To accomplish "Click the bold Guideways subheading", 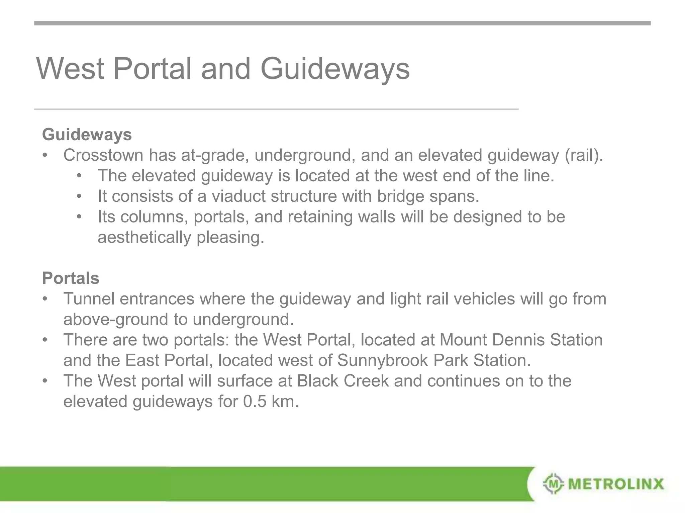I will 87,135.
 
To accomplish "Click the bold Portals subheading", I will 71,278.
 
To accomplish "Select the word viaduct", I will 238,196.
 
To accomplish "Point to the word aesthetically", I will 144,237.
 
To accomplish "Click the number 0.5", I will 254,401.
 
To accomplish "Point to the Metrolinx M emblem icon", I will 554,483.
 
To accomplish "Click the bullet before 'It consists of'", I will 79,196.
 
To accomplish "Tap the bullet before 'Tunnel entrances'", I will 45,299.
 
